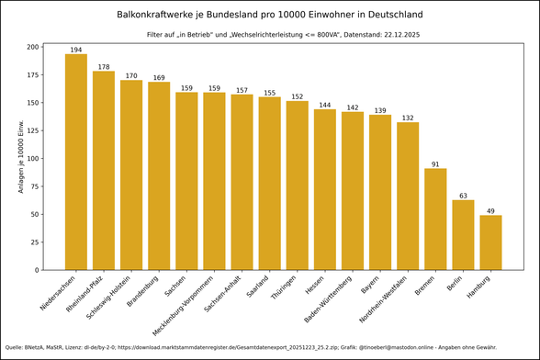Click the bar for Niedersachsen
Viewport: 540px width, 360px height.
pyautogui.click(x=76, y=162)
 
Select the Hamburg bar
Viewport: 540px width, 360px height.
pyautogui.click(x=490, y=242)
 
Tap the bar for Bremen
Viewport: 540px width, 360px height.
pyautogui.click(x=435, y=219)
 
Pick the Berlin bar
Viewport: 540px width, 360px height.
pyautogui.click(x=463, y=234)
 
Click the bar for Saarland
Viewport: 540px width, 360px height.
pyautogui.click(x=270, y=183)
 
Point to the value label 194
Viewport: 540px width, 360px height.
pyautogui.click(x=76, y=49)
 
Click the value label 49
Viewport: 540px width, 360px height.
pyautogui.click(x=490, y=211)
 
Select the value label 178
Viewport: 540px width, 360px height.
pyautogui.click(x=104, y=66)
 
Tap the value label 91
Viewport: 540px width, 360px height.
pyautogui.click(x=435, y=164)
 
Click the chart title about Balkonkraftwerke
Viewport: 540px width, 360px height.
pyautogui.click(x=270, y=15)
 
